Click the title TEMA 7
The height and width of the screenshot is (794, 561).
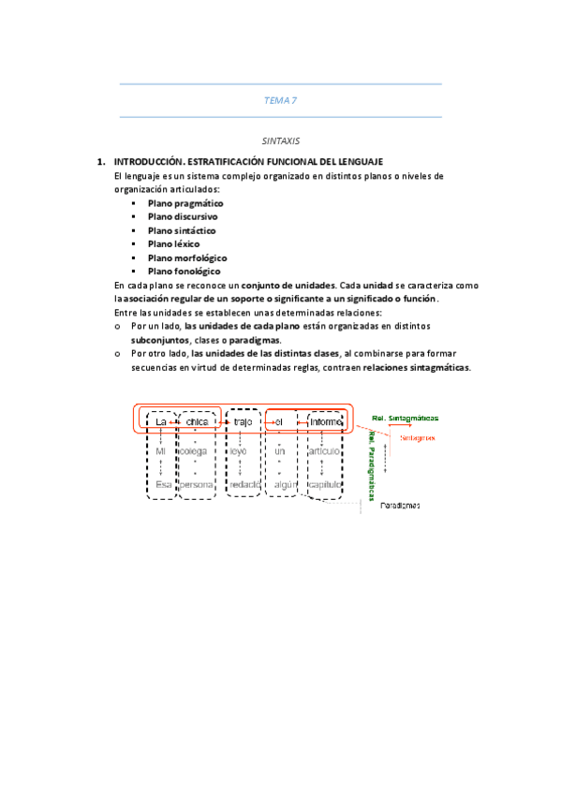tap(280, 100)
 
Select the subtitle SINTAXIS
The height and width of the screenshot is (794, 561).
tap(280, 140)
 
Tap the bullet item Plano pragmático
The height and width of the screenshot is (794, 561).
tap(185, 203)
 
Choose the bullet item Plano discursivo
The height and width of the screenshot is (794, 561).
tap(183, 216)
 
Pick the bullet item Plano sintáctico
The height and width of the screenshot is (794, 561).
tap(182, 230)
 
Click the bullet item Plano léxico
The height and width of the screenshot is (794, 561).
tap(173, 243)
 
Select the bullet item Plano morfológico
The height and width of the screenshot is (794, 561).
tap(187, 257)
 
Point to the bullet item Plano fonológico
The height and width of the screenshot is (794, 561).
tap(184, 271)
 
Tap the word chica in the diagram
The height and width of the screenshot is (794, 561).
tap(197, 422)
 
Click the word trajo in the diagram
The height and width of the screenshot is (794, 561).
tap(244, 422)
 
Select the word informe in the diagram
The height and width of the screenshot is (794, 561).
tap(327, 422)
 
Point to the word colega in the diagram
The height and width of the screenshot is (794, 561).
tap(194, 452)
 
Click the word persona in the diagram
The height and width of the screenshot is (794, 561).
tap(197, 485)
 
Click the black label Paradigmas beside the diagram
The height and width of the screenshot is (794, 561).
tap(400, 507)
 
